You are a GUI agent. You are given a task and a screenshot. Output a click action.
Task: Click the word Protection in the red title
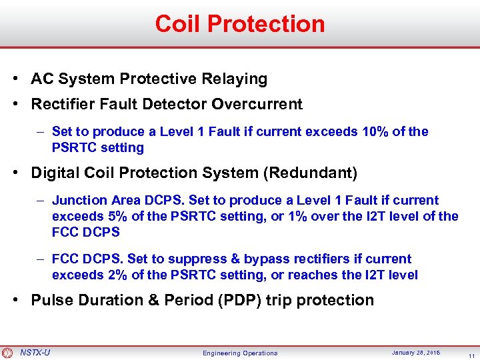[266, 24]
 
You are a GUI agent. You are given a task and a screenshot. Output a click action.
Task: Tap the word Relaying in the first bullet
[235, 79]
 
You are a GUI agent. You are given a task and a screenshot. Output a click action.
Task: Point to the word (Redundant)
[311, 173]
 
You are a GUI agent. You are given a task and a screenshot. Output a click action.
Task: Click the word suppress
[206, 259]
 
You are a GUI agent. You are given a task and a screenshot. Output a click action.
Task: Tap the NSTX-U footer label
[35, 352]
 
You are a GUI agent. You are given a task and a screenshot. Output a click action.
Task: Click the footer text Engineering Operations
[240, 353]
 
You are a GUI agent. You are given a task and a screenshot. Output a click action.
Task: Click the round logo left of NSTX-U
[7, 353]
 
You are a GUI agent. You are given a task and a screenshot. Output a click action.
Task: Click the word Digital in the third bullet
[55, 173]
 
